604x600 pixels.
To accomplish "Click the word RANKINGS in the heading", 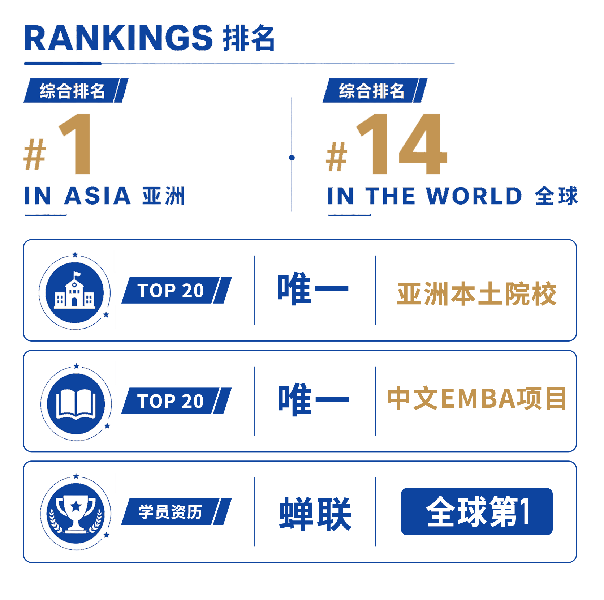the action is pyautogui.click(x=118, y=38).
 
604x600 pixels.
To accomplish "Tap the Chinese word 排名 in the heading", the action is pyautogui.click(x=249, y=38).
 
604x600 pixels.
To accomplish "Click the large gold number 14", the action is pyautogui.click(x=402, y=144).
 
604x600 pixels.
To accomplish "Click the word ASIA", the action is pyautogui.click(x=97, y=196).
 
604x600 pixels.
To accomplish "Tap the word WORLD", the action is pyautogui.click(x=474, y=196).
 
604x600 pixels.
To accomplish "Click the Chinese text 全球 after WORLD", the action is pyautogui.click(x=556, y=196).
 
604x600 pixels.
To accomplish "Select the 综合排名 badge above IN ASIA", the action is pyautogui.click(x=76, y=90).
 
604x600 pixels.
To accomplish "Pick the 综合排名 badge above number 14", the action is pyautogui.click(x=375, y=90).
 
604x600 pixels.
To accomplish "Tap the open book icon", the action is pyautogui.click(x=76, y=403).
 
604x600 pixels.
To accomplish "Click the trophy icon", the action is pyautogui.click(x=76, y=513).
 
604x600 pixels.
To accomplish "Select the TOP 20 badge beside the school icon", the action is pyautogui.click(x=176, y=290).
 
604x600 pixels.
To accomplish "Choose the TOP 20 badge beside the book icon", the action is pyautogui.click(x=176, y=401).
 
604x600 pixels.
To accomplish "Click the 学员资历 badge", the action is pyautogui.click(x=176, y=511).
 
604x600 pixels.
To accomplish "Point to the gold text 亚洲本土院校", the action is pyautogui.click(x=477, y=294).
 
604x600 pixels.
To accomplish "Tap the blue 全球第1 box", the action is pyautogui.click(x=477, y=511).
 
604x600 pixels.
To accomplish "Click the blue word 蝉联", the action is pyautogui.click(x=315, y=513).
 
